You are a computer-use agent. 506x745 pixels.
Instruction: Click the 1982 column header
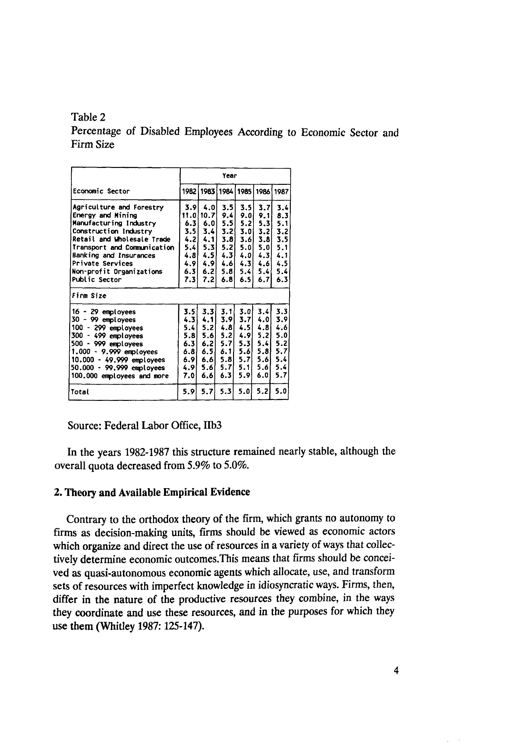(x=189, y=192)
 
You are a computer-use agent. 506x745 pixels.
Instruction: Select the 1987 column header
(x=282, y=192)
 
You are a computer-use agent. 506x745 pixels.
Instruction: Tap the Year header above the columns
(x=230, y=176)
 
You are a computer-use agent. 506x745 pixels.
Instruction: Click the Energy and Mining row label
(x=105, y=215)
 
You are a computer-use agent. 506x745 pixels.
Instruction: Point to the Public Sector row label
(x=97, y=279)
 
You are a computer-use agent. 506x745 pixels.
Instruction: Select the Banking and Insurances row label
(x=114, y=256)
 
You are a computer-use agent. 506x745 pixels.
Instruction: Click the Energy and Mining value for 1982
(x=189, y=215)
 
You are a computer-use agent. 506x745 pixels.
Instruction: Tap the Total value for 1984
(x=226, y=391)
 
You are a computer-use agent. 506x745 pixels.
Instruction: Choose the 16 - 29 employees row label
(x=103, y=312)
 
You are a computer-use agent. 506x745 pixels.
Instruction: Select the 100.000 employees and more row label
(x=120, y=376)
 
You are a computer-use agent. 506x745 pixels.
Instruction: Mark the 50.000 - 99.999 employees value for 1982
(x=189, y=368)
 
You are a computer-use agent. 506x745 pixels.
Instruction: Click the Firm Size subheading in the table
(x=89, y=296)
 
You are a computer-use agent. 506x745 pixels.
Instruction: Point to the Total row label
(x=80, y=392)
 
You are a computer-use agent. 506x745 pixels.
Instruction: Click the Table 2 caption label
(x=88, y=117)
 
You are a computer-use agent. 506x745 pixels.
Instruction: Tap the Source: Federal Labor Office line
(x=144, y=425)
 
